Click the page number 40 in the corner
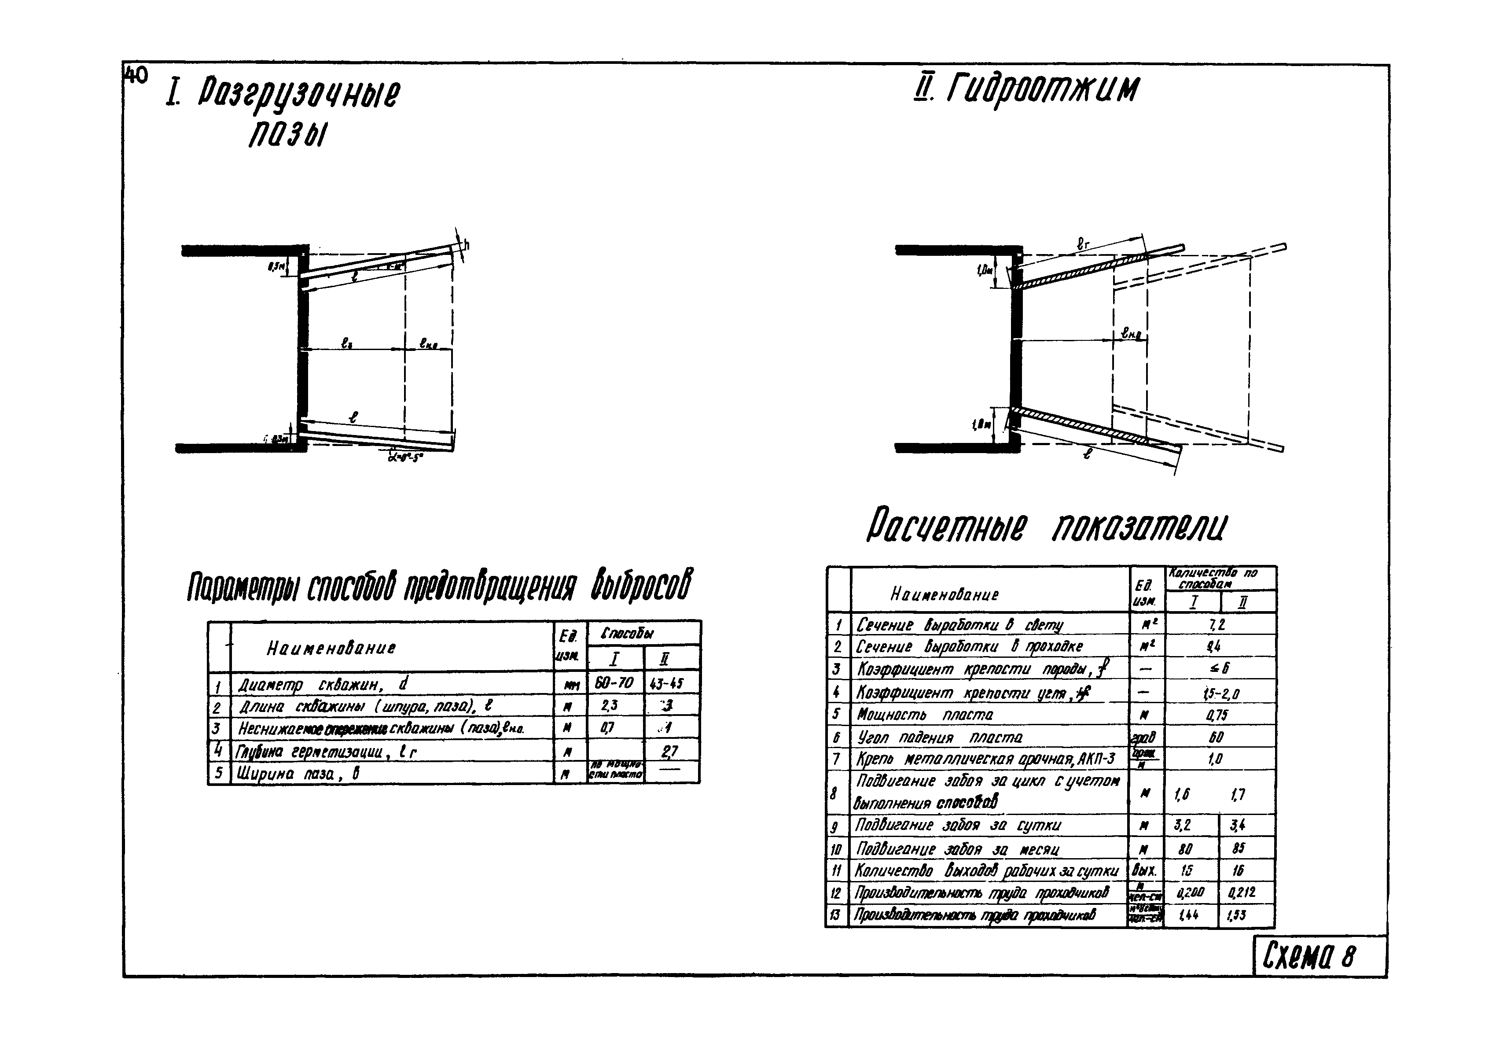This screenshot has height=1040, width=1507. point(136,76)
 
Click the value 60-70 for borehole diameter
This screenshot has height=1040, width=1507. point(614,683)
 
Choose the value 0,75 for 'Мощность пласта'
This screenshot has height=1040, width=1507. point(1216,715)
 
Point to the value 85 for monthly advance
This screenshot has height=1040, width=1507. point(1238,848)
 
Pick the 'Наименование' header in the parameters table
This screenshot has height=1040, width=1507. point(331,649)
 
